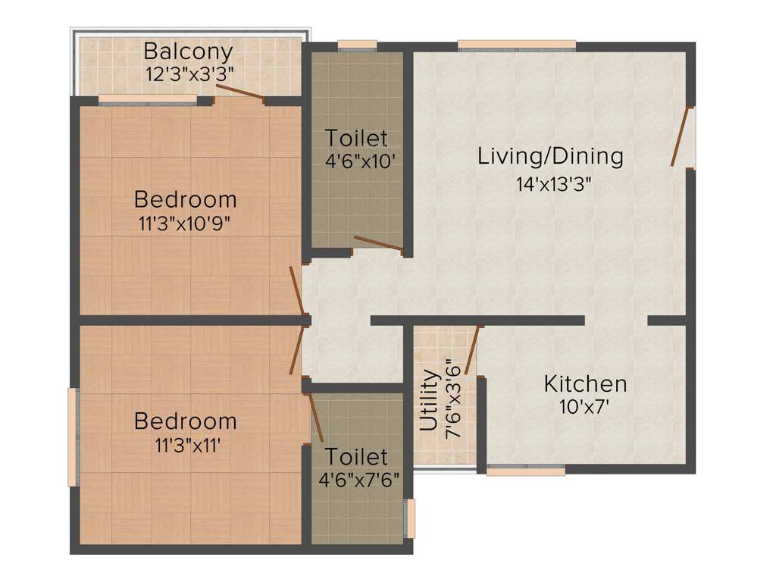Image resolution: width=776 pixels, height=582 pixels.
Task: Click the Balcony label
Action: click(x=189, y=52)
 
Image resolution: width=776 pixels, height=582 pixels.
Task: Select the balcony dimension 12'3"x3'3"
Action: click(x=189, y=74)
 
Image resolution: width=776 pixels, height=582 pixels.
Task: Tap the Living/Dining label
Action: click(x=550, y=157)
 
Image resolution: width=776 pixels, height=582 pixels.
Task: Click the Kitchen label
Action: click(x=585, y=383)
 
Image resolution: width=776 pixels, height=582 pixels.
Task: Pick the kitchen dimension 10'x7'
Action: click(x=585, y=407)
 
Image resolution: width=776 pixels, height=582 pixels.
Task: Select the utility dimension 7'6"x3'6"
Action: click(x=453, y=397)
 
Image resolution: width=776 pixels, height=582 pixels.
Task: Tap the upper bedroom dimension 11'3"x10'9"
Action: click(x=185, y=224)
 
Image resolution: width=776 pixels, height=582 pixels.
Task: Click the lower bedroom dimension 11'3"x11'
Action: click(x=185, y=445)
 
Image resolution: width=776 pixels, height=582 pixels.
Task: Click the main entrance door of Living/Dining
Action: click(x=682, y=136)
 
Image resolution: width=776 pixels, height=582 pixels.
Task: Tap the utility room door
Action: click(x=474, y=350)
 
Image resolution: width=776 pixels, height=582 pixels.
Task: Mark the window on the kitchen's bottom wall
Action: click(x=525, y=471)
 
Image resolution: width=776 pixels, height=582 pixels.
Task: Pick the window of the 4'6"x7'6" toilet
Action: click(x=410, y=518)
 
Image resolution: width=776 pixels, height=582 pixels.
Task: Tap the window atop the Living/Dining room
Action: click(x=517, y=45)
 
